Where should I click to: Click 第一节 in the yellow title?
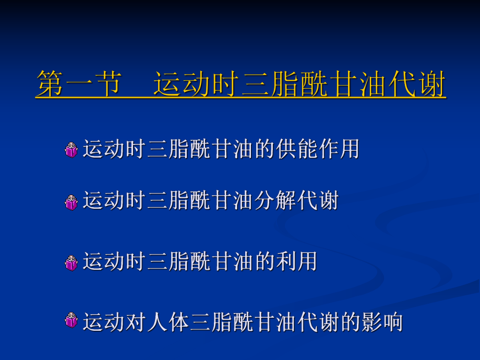click(x=78, y=85)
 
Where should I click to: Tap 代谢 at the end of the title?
click(x=417, y=85)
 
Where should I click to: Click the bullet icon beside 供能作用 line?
click(x=71, y=150)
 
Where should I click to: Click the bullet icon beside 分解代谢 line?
click(x=71, y=202)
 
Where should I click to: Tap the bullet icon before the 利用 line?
click(x=71, y=262)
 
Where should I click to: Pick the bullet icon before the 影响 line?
click(x=71, y=320)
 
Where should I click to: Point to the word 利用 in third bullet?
click(x=296, y=261)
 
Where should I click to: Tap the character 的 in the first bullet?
click(x=264, y=149)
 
